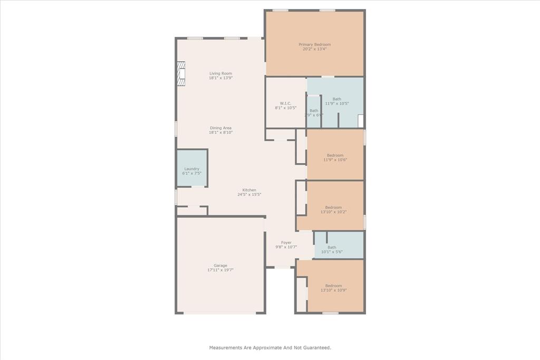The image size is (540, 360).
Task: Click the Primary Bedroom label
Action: click(x=314, y=45)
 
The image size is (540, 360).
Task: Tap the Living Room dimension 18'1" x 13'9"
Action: click(x=220, y=78)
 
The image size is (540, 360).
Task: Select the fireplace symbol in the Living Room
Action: click(x=181, y=73)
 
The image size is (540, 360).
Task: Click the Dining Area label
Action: click(x=220, y=128)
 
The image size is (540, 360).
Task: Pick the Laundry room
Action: click(x=192, y=169)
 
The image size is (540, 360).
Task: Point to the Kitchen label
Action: click(x=249, y=190)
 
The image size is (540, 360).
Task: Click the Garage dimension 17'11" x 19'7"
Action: click(x=220, y=270)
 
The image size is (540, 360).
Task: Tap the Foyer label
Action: click(x=286, y=243)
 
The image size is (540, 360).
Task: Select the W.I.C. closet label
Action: click(x=285, y=103)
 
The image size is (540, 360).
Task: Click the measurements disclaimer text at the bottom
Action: click(x=270, y=348)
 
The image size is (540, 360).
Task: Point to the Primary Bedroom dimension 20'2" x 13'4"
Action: click(x=314, y=49)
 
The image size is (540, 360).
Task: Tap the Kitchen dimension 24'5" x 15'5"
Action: click(x=249, y=194)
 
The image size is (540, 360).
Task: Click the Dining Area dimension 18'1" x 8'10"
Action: click(x=220, y=132)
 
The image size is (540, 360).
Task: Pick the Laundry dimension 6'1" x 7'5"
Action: click(x=192, y=173)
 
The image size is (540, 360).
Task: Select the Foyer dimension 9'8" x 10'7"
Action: click(x=286, y=247)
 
